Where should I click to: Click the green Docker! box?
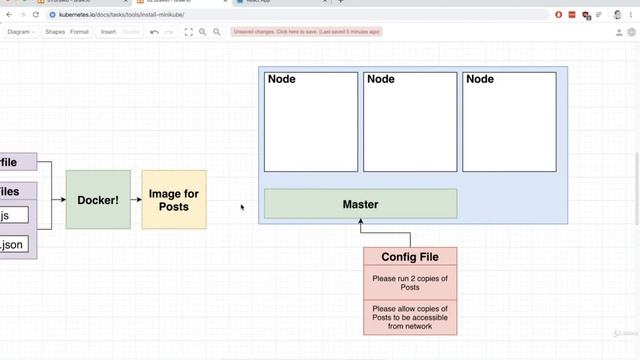coord(98,200)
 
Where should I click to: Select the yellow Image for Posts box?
coord(174,200)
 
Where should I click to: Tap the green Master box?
coord(360,204)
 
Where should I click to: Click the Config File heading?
coord(410,257)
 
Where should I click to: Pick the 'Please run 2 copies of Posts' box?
coord(410,282)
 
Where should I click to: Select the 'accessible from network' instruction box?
coord(410,317)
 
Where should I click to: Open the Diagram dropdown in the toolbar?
coord(21,32)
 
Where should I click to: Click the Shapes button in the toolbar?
coord(55,32)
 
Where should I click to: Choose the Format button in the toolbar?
coord(79,32)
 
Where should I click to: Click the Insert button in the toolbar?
coord(108,32)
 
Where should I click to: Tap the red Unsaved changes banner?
coord(306,32)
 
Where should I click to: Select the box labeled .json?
coord(13,244)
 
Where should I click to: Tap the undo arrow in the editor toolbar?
coord(154,32)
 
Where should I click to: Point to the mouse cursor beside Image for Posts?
coord(242,208)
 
